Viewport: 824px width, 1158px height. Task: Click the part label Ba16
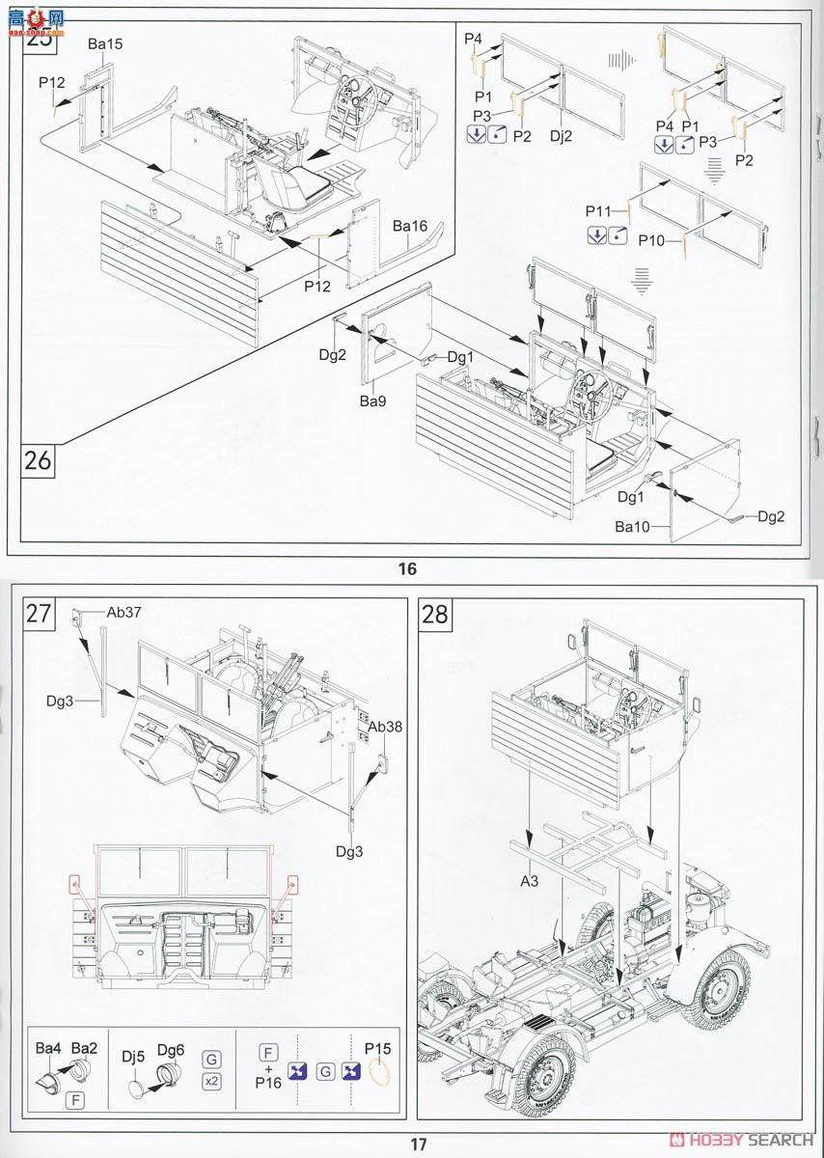coord(409,226)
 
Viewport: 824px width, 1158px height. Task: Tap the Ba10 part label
coord(632,527)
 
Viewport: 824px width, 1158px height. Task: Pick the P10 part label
coord(653,240)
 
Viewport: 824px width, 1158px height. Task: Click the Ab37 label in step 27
coord(124,611)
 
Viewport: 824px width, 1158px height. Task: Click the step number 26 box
coord(39,460)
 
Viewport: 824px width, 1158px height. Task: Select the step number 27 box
coord(39,614)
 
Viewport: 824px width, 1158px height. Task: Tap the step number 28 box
coord(435,614)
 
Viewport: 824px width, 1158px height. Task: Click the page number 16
coord(407,568)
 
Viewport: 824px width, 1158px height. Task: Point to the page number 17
coord(418,1144)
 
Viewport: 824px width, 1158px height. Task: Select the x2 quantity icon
coord(210,1081)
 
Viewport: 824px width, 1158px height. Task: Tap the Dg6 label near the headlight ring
coord(170,1049)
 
